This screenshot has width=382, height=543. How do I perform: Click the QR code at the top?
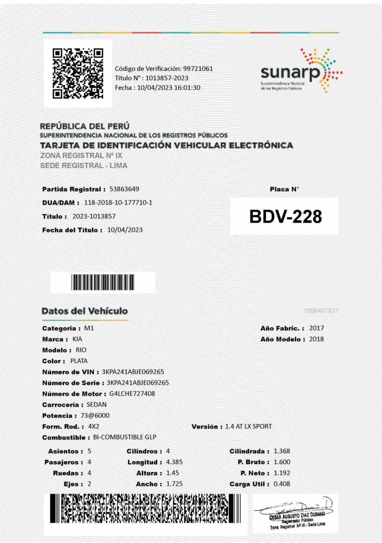pos(77,73)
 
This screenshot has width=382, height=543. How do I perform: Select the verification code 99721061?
pos(198,69)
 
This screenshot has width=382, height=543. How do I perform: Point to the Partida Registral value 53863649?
pos(124,189)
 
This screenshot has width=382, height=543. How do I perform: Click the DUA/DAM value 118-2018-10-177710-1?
pos(118,202)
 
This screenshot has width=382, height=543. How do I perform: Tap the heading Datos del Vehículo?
pos(85,311)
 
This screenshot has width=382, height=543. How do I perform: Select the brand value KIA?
pos(77,339)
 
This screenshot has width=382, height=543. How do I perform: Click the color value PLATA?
pos(79,361)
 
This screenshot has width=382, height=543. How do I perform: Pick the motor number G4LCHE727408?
pos(132,394)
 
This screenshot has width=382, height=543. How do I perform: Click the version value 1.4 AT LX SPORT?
pos(248,427)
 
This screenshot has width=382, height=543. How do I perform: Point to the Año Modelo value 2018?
pos(316,339)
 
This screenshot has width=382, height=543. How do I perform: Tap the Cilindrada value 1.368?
pos(281,451)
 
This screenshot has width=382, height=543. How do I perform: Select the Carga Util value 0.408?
pos(281,484)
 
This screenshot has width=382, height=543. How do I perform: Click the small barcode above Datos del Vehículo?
pos(103,282)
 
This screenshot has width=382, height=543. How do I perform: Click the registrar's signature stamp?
pos(295,513)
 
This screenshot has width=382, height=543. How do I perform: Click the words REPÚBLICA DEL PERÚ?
pos(85,126)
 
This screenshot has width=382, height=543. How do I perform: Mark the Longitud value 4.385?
pos(174,462)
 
